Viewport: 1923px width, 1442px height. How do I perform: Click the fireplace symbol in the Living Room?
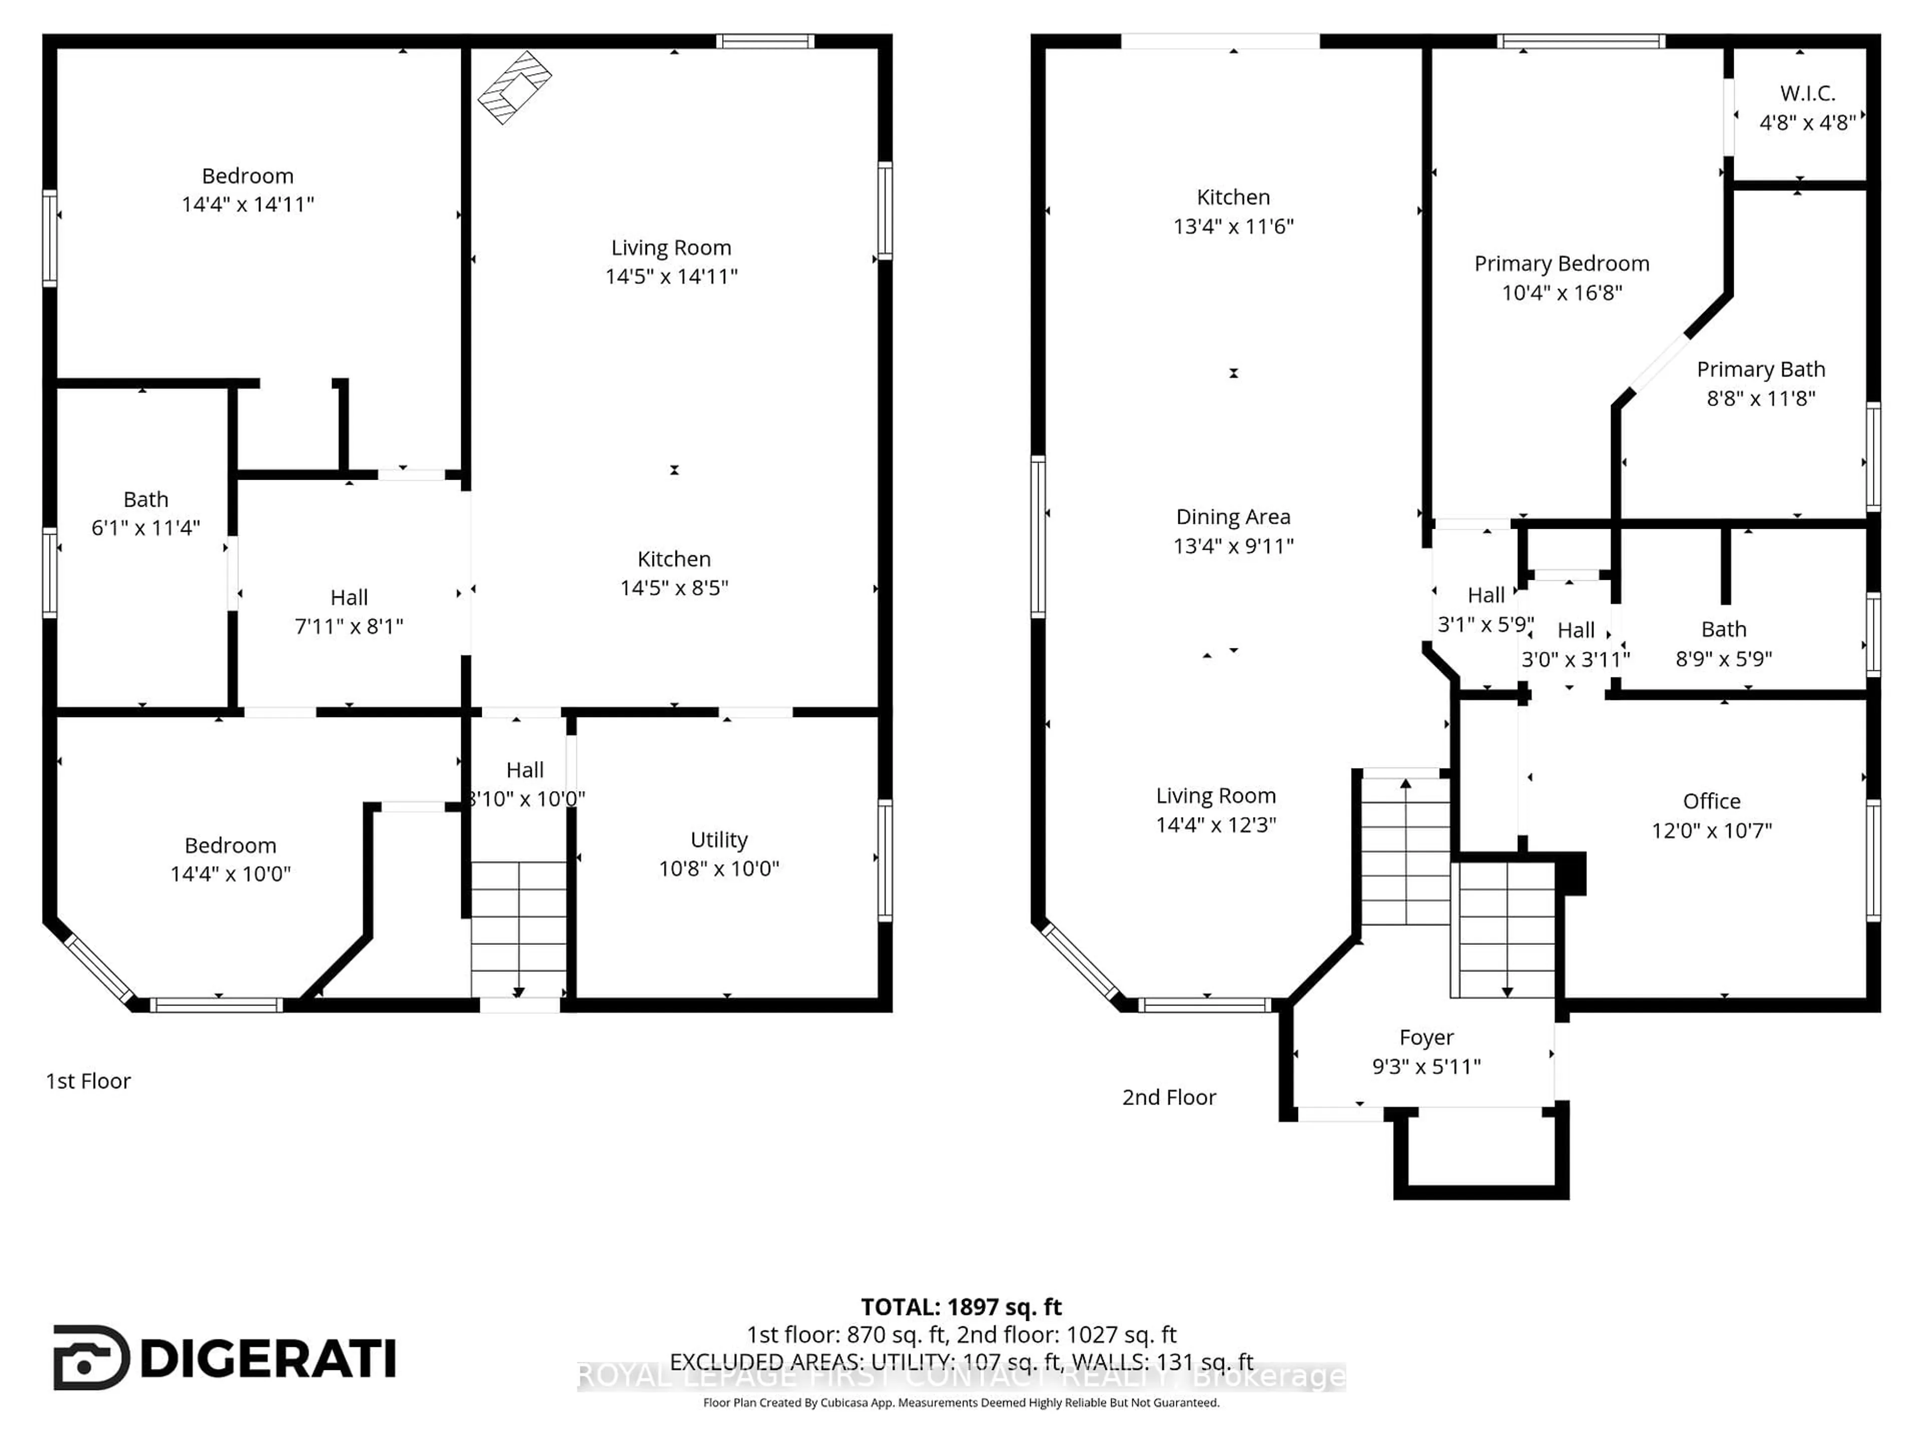click(515, 87)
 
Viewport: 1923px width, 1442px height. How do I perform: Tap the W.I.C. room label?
click(1807, 93)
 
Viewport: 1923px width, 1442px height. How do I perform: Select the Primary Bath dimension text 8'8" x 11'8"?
click(1760, 398)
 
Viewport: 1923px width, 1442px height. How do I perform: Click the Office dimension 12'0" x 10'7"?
click(1711, 830)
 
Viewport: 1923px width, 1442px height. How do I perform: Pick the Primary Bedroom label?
click(1561, 263)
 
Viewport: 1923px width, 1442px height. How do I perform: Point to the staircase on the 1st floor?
click(519, 928)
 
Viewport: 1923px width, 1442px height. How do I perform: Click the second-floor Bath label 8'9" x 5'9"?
click(1723, 629)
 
